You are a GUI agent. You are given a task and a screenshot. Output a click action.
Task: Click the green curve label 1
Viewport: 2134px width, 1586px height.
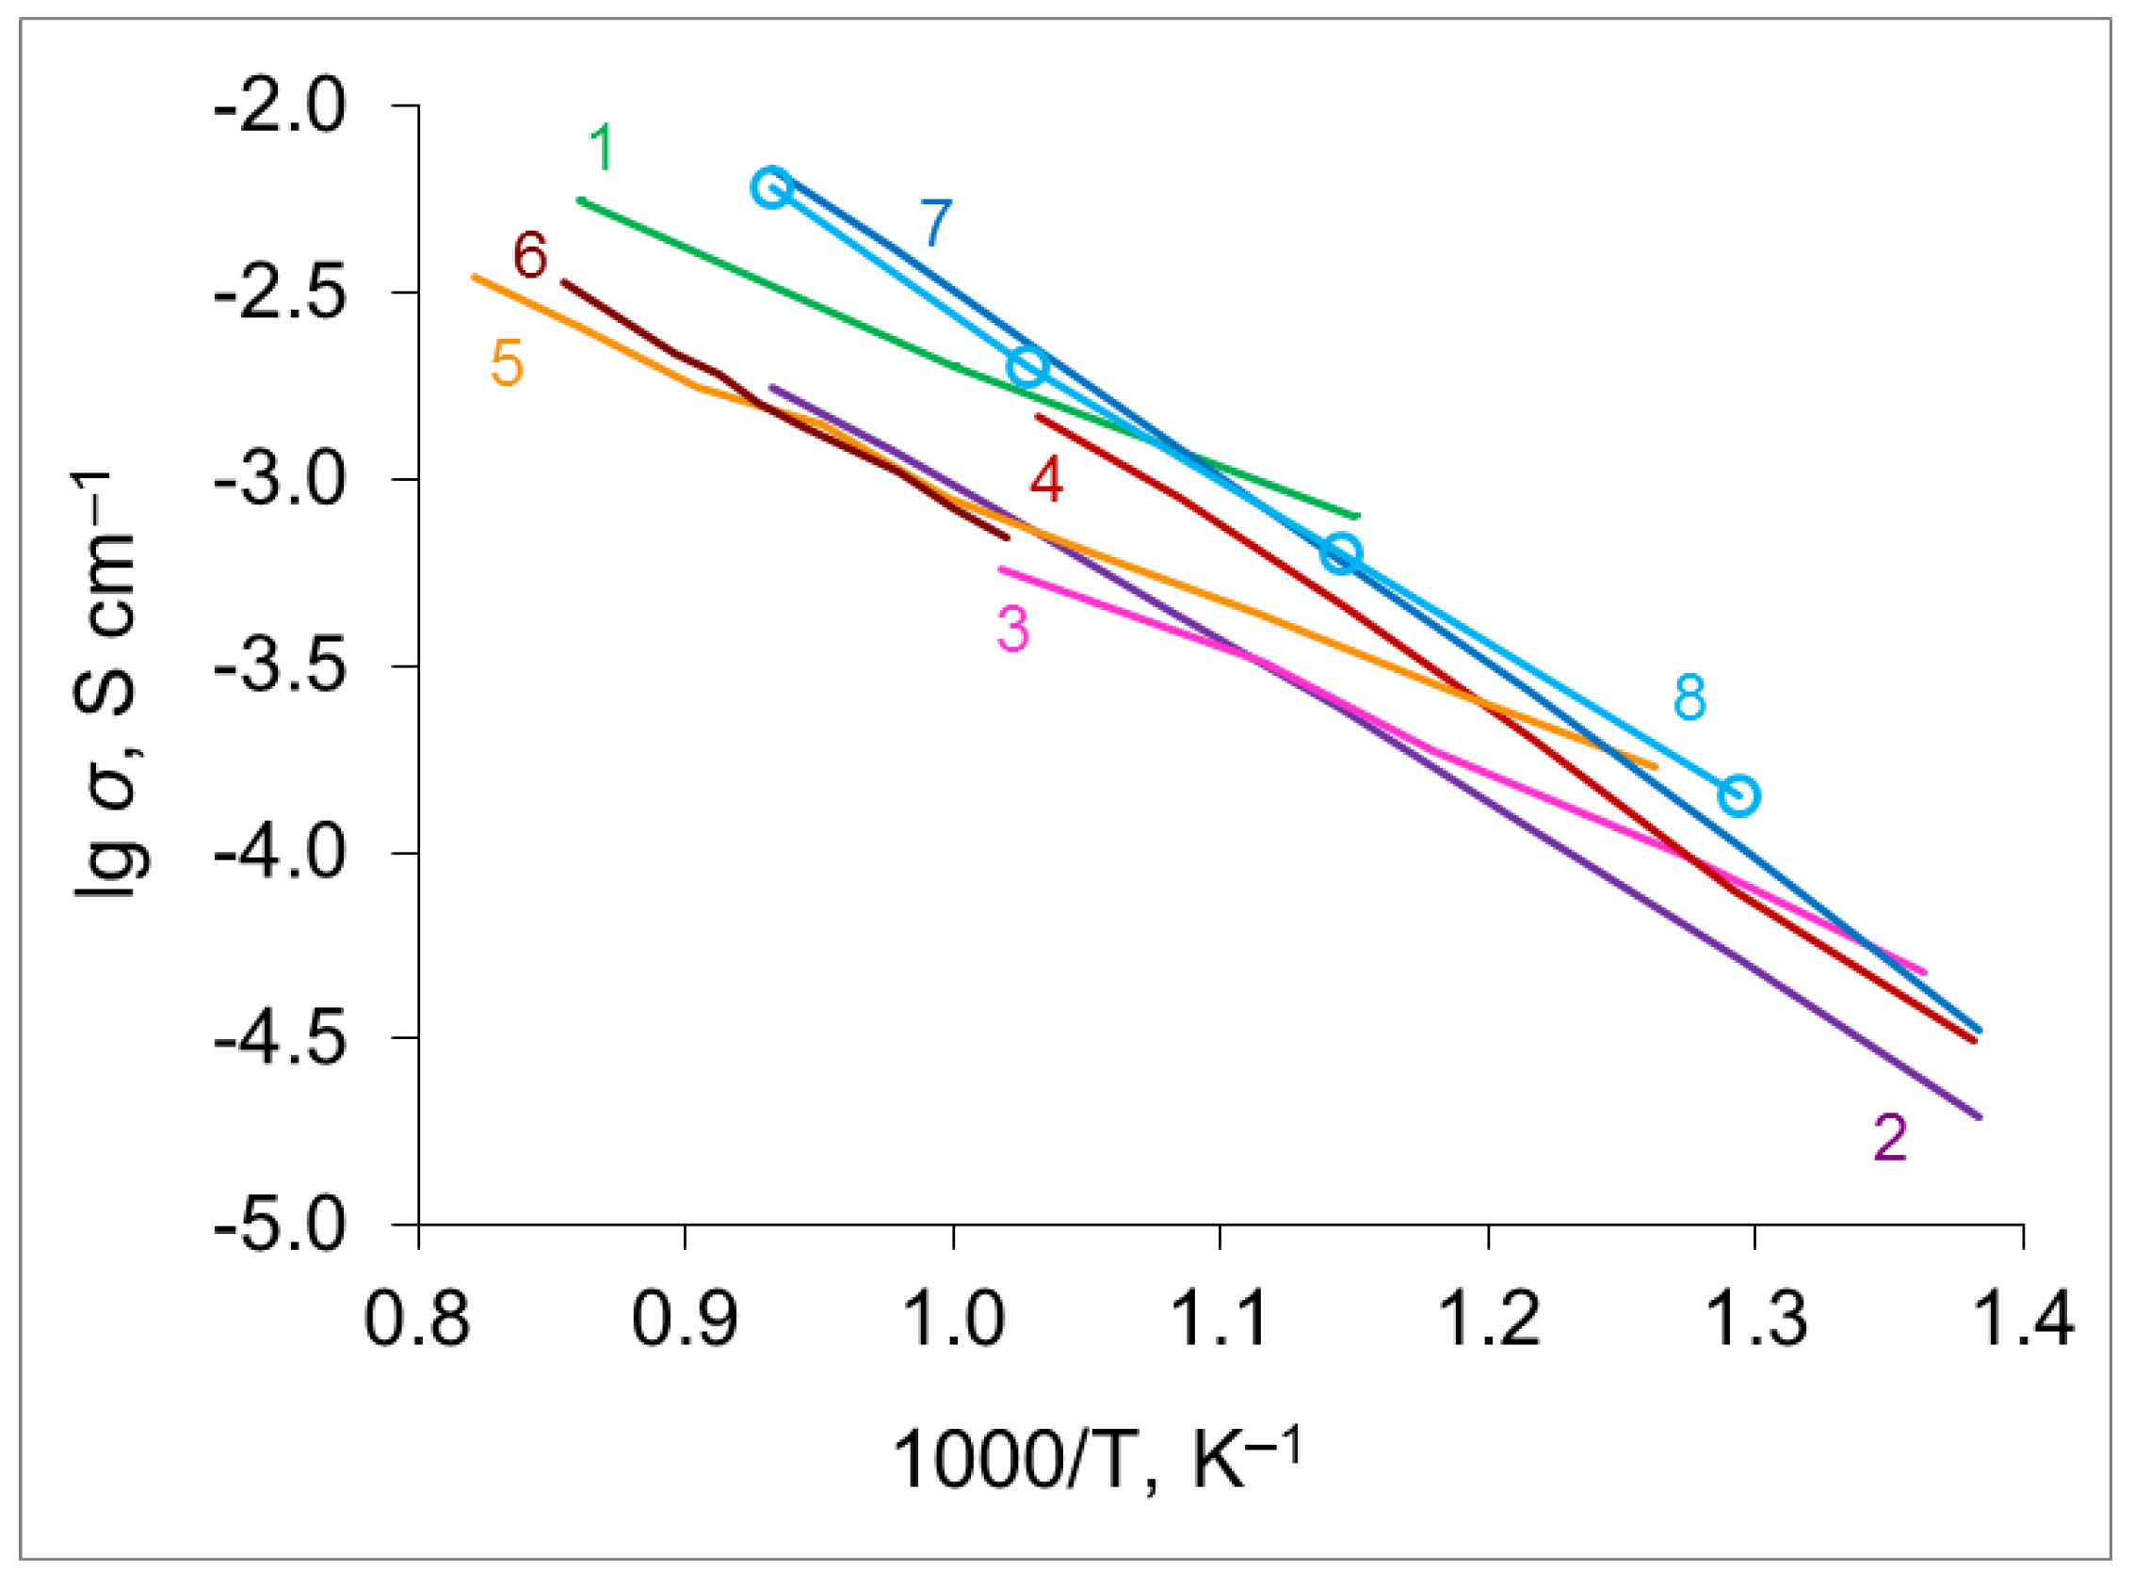click(x=601, y=148)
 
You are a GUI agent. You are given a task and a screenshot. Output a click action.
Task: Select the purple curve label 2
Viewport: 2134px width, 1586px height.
click(x=1890, y=1138)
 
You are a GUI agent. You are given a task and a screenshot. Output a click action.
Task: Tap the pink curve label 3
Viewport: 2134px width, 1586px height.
click(x=1013, y=630)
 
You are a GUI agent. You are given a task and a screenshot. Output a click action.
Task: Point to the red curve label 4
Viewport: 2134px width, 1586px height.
click(x=1046, y=480)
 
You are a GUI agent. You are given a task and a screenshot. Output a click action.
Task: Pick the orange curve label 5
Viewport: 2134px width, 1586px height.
click(x=507, y=364)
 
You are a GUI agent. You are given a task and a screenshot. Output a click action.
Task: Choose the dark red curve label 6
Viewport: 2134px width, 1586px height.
click(x=530, y=255)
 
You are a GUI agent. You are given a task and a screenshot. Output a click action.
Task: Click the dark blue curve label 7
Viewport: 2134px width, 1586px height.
click(x=935, y=223)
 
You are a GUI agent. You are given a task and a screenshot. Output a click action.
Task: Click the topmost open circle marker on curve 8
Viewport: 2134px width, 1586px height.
click(x=772, y=187)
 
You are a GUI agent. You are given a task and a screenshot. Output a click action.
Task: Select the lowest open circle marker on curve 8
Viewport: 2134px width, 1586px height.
click(x=1738, y=795)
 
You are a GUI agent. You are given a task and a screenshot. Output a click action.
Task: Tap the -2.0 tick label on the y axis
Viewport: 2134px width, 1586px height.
click(x=280, y=107)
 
